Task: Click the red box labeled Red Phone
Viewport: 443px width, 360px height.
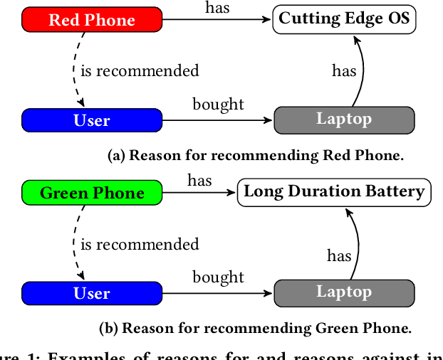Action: [x=92, y=19]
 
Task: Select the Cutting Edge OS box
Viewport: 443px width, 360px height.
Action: [x=344, y=19]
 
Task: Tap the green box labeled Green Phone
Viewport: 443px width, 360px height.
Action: [x=92, y=193]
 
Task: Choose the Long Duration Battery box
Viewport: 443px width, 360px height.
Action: [x=334, y=192]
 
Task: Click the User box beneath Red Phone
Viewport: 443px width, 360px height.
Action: [x=92, y=120]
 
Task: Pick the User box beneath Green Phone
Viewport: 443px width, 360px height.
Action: [x=92, y=293]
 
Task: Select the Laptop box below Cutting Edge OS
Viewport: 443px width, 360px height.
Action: [x=344, y=120]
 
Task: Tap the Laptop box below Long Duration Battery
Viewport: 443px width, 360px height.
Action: [x=344, y=292]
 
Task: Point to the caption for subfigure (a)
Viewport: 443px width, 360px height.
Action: [x=255, y=156]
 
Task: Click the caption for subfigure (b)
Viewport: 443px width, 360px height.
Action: [x=255, y=329]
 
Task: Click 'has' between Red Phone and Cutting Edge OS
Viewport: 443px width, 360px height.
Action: [x=217, y=7]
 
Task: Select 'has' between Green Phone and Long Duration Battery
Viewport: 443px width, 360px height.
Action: [x=199, y=181]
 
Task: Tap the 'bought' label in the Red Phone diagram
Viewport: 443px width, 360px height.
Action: [x=218, y=105]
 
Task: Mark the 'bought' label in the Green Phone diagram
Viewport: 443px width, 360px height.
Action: [x=218, y=277]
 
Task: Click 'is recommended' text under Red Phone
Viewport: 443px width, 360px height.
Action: [x=140, y=70]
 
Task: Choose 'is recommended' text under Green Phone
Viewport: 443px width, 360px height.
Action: [x=140, y=244]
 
